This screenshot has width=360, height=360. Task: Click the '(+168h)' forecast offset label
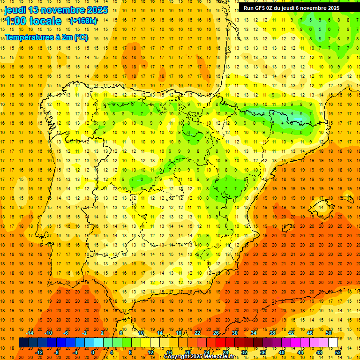click(83, 21)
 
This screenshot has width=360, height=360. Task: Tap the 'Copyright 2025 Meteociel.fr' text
click(199, 357)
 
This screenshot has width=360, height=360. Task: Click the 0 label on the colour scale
click(93, 352)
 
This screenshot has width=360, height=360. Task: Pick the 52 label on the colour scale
click(338, 352)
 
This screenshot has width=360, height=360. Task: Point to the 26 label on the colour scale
click(216, 332)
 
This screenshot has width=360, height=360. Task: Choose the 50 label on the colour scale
click(329, 332)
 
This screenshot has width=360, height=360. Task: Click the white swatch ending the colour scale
click(333, 342)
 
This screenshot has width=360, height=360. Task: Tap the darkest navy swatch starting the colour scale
click(23, 342)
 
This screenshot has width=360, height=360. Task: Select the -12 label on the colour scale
click(39, 352)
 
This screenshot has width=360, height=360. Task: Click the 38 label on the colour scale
click(272, 332)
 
